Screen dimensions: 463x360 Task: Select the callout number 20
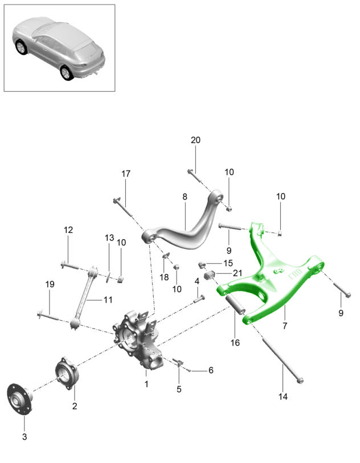195,140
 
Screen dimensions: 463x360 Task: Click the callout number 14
283,396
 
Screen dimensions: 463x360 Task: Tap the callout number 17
125,173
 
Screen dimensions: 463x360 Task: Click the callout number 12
68,230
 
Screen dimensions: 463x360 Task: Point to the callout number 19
49,284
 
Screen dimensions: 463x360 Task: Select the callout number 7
284,326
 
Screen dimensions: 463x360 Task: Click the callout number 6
210,370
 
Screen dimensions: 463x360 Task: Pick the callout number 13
109,237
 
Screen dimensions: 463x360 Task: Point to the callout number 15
227,263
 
